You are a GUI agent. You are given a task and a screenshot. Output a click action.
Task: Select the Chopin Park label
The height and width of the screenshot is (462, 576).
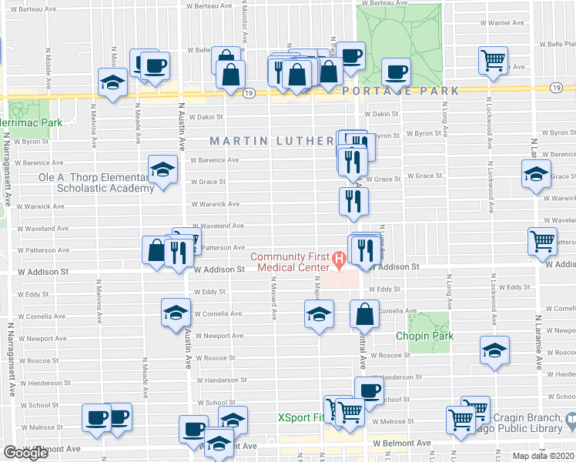point(424,336)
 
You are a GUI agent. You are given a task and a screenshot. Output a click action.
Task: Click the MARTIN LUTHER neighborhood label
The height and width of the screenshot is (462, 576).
point(273,141)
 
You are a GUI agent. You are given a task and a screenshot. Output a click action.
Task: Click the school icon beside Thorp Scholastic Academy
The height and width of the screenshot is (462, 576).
point(162,170)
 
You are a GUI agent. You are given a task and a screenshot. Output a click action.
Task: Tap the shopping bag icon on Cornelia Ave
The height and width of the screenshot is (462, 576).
point(364,313)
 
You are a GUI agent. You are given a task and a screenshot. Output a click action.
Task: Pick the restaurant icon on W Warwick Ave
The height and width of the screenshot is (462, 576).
point(353,200)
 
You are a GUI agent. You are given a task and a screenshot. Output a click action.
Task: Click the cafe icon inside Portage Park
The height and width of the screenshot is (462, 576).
point(397,72)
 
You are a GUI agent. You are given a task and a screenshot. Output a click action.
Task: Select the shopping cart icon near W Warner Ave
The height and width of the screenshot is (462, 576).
point(493,59)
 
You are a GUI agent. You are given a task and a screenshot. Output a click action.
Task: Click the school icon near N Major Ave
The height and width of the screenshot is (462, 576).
point(318,313)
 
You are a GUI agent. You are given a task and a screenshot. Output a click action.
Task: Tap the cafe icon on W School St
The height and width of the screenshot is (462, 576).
point(368,390)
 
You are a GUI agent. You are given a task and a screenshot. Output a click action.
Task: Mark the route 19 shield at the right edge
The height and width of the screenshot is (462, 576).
point(556,88)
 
